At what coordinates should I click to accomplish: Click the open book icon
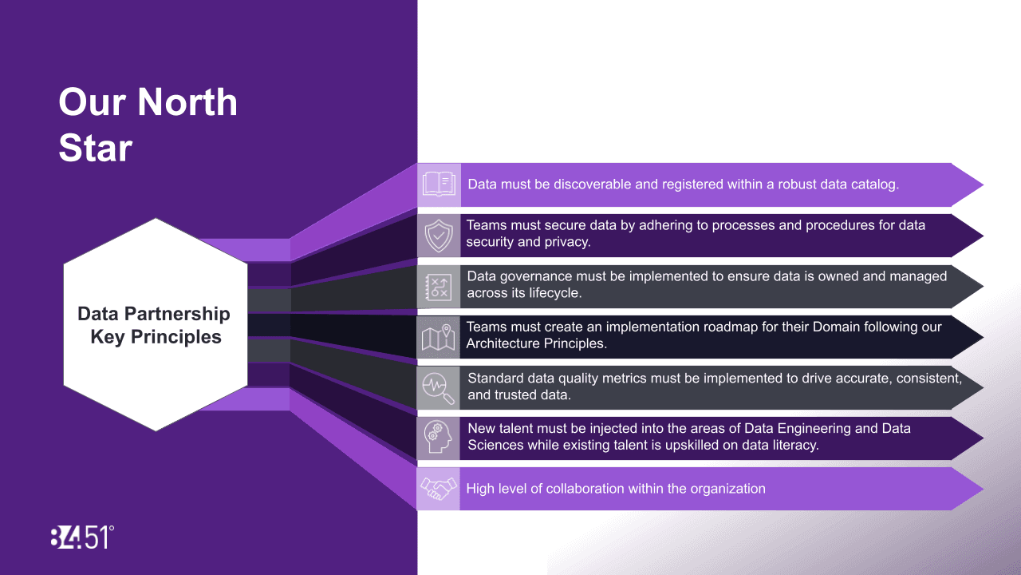(439, 184)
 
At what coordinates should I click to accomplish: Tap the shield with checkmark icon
(439, 236)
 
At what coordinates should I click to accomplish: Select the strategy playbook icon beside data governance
(439, 287)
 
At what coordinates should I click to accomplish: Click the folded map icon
(438, 338)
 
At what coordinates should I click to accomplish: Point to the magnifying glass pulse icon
(438, 388)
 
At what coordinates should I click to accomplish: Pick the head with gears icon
(438, 437)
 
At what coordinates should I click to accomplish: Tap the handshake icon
(438, 488)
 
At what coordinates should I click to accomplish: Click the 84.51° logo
(82, 537)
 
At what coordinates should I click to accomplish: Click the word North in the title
(187, 101)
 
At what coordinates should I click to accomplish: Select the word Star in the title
(95, 148)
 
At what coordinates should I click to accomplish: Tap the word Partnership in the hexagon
(177, 314)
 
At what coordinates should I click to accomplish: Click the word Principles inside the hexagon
(176, 337)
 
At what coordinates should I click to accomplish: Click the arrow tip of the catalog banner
(983, 184)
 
